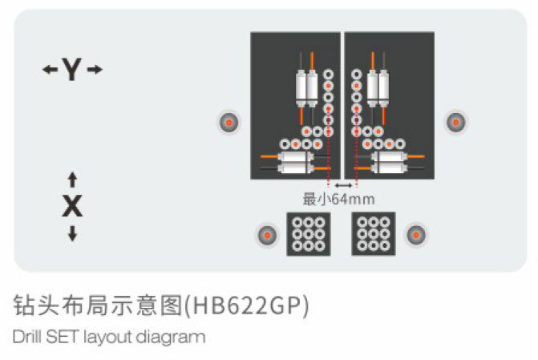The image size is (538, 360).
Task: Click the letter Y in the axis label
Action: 72,71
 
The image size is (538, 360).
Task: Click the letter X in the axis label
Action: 72,207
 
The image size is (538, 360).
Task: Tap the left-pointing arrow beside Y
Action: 50,71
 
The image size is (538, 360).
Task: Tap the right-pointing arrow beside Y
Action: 95,71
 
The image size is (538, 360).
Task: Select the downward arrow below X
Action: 72,233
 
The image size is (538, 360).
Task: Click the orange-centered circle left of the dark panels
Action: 229,122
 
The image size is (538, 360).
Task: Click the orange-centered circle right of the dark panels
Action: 456,122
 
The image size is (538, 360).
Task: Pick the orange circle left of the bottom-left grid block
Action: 265,235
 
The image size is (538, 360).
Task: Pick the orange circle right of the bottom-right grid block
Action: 415,235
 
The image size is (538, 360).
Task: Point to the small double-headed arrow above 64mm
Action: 342,185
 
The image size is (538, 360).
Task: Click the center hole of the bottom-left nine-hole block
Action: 309,234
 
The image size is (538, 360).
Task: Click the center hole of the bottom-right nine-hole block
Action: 373,234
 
